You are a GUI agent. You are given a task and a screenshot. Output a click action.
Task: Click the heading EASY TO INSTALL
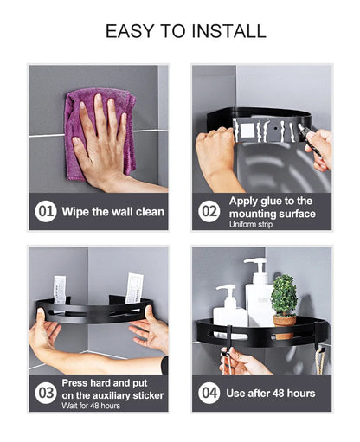(x=185, y=31)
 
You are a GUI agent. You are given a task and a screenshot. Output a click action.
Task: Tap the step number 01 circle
(x=45, y=211)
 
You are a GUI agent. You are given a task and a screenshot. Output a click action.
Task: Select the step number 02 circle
(x=209, y=211)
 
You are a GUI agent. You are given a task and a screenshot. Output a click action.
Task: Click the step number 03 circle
(x=45, y=392)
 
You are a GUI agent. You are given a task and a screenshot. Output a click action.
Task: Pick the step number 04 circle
(x=209, y=393)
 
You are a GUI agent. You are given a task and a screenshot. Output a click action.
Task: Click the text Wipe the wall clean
(x=112, y=211)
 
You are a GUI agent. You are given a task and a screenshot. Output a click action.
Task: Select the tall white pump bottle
(x=259, y=294)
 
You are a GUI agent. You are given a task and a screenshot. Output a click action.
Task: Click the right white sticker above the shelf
(x=134, y=288)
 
